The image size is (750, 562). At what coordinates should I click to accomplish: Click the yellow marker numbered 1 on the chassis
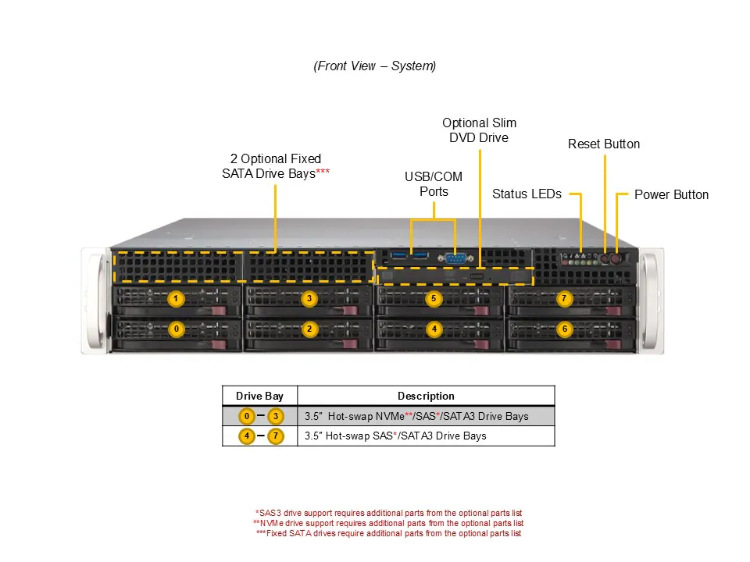click(177, 298)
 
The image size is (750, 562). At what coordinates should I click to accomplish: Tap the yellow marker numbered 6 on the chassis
click(564, 329)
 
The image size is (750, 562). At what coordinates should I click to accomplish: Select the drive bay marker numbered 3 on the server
click(309, 298)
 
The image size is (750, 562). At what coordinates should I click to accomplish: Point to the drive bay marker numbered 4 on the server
click(434, 329)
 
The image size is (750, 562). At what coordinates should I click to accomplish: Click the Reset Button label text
click(604, 144)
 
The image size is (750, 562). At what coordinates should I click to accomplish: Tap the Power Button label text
click(671, 194)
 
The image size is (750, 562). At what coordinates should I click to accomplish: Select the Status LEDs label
click(527, 194)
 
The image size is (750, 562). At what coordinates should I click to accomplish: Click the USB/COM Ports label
click(434, 184)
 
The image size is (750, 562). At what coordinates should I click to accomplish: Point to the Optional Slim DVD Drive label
click(479, 130)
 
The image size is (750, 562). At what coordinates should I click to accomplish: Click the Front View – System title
click(375, 66)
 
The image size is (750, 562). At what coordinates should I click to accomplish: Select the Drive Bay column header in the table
click(260, 396)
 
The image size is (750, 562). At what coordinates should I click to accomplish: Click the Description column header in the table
click(426, 396)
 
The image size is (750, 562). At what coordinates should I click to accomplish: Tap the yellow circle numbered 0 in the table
click(247, 416)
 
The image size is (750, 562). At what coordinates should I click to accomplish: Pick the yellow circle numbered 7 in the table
click(275, 436)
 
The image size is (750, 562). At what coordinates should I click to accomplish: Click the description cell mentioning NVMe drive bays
click(416, 416)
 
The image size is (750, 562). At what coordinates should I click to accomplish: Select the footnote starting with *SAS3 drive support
click(388, 513)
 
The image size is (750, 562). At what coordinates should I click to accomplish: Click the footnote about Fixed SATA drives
click(388, 533)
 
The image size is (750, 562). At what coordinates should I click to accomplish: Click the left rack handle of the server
click(95, 301)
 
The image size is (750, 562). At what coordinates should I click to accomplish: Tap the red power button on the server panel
click(616, 257)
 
